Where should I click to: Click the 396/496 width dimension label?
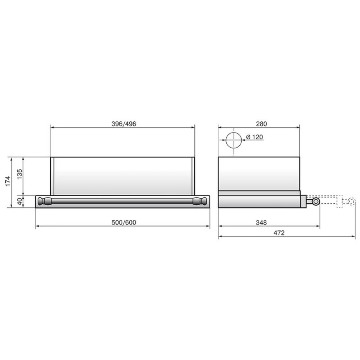pos(124,124)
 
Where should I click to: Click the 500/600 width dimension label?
pos(124,222)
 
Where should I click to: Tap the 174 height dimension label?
pos(8,181)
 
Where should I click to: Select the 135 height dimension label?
pos(19,174)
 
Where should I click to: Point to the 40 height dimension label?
pos(20,201)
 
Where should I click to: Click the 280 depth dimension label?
pos(261,124)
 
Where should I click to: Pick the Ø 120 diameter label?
pos(255,137)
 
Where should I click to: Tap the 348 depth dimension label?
pos(261,222)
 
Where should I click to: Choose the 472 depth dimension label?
pos(279,233)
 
